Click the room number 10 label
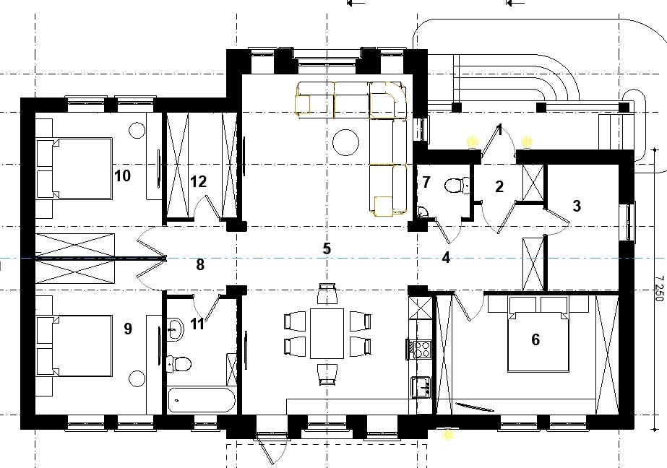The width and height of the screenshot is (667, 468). [x=123, y=175]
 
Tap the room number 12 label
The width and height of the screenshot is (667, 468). [x=198, y=182]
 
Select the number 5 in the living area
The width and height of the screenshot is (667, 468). [x=327, y=248]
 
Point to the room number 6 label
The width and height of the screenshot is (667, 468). [x=535, y=339]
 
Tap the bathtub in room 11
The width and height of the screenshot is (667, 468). [x=201, y=399]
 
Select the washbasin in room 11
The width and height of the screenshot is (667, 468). [x=174, y=329]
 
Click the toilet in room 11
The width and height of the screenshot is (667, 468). [x=178, y=364]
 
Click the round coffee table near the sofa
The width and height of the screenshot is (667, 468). [x=345, y=143]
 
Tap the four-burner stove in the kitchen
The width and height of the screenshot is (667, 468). [x=419, y=350]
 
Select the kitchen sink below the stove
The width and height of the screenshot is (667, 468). [x=421, y=387]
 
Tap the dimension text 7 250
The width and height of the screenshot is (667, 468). [x=659, y=288]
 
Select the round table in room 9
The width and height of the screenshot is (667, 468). [x=137, y=378]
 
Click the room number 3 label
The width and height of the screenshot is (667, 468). [x=577, y=206]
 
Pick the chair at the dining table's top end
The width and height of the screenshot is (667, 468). [x=327, y=293]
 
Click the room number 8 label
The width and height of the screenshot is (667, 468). [x=200, y=265]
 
